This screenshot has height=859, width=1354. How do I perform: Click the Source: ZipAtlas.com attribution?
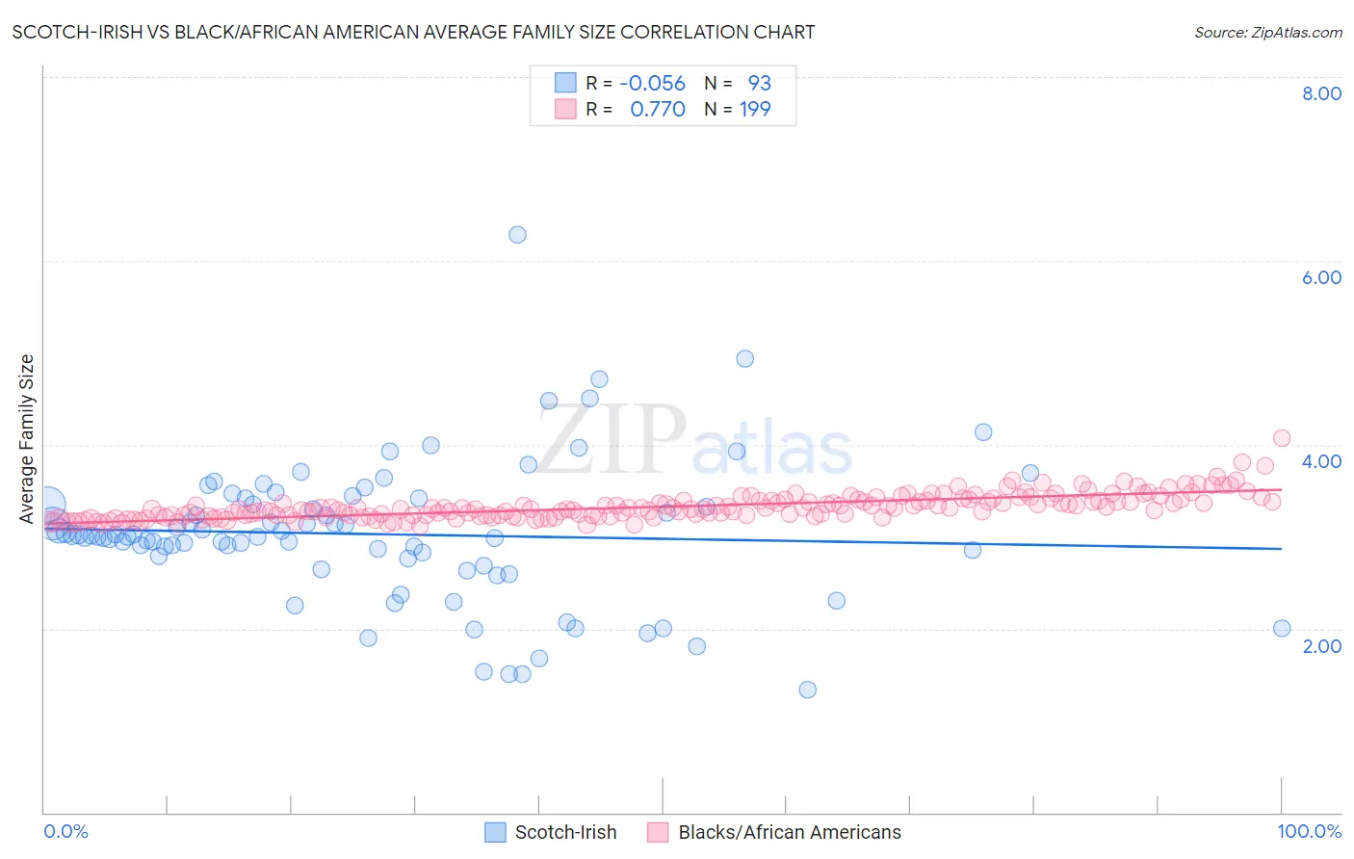(x=1267, y=32)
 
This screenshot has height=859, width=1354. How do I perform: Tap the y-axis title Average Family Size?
(x=27, y=439)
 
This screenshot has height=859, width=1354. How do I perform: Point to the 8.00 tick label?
(x=1321, y=93)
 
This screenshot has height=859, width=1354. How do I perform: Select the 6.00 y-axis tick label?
(x=1321, y=277)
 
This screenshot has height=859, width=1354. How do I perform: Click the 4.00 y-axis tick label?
(x=1321, y=461)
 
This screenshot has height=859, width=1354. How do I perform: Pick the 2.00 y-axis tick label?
(x=1321, y=646)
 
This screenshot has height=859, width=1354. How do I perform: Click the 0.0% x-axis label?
(x=66, y=831)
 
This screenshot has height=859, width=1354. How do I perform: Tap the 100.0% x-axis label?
(x=1309, y=831)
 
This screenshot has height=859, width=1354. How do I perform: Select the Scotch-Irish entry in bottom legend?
(x=565, y=832)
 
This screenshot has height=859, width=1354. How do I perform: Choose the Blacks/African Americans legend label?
(x=789, y=832)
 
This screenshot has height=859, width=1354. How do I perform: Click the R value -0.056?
(x=652, y=83)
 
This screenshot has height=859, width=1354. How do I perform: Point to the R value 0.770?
(x=657, y=109)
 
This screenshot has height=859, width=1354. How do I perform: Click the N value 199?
(x=755, y=109)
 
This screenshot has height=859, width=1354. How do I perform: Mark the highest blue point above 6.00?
(x=517, y=234)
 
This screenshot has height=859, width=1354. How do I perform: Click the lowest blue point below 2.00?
(x=807, y=690)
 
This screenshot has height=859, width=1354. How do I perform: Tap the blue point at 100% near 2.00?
(x=1281, y=628)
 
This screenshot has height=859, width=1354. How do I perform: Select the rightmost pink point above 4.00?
(x=1281, y=438)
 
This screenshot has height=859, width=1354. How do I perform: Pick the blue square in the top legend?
(x=564, y=83)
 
